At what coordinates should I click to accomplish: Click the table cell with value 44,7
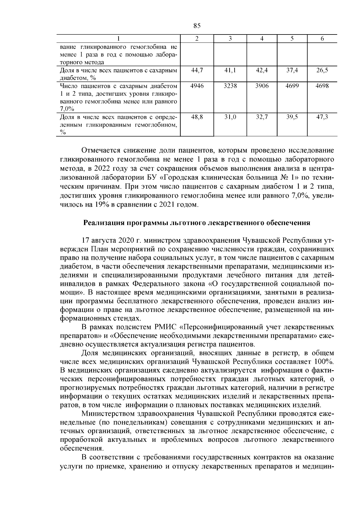[197, 70]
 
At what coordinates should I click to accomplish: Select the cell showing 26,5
[322, 70]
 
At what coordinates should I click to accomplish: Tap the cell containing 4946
[197, 86]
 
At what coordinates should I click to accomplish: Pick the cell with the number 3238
[230, 86]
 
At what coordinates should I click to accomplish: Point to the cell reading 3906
[262, 86]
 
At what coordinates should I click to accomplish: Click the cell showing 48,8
[197, 117]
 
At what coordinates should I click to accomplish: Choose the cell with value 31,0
[230, 117]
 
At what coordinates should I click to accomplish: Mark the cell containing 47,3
[322, 117]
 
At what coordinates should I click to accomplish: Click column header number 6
[322, 38]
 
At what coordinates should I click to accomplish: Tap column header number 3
[230, 38]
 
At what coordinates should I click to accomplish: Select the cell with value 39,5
[292, 117]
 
